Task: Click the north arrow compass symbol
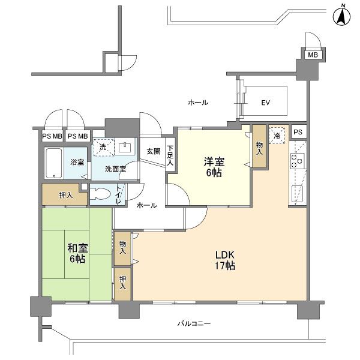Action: click(x=341, y=16)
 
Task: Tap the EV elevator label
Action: click(x=266, y=103)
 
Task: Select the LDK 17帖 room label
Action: click(x=225, y=260)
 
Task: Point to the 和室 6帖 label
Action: click(x=77, y=253)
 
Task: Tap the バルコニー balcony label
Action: click(x=194, y=324)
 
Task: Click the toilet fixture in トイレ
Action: click(x=99, y=194)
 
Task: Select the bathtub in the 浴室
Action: click(x=54, y=163)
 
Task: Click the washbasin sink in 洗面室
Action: click(x=125, y=147)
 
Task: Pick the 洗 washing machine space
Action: click(x=104, y=147)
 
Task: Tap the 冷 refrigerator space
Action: click(x=277, y=136)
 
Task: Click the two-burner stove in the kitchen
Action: click(x=298, y=161)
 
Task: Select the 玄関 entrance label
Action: click(x=154, y=151)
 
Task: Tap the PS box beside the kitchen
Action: click(x=298, y=132)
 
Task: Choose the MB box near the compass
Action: click(x=313, y=55)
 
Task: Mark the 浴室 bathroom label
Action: click(x=77, y=163)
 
